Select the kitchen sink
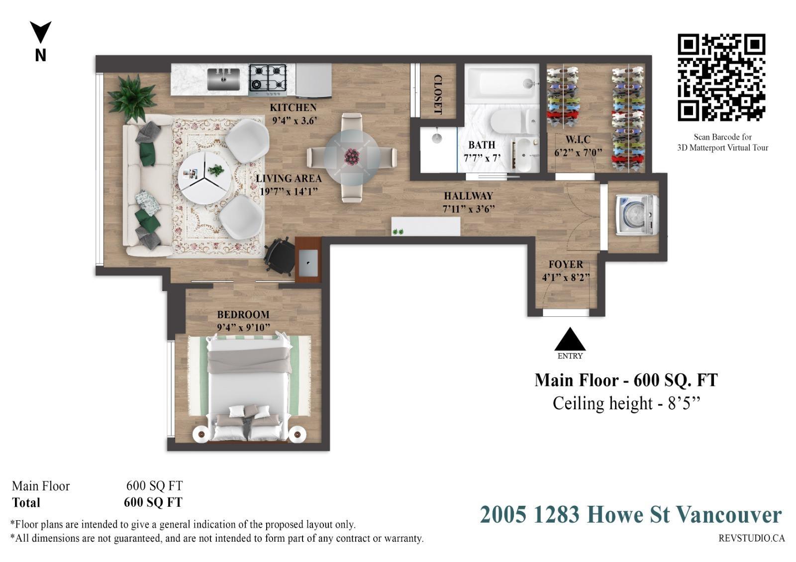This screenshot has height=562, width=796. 223,79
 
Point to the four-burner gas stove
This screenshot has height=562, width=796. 268,80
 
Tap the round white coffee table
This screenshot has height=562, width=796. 204,178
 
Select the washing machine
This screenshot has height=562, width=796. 637,215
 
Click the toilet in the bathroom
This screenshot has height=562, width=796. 513,121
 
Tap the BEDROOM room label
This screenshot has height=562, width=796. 243,315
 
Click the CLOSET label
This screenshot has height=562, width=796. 438,94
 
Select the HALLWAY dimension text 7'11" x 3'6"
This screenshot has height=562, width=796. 469,209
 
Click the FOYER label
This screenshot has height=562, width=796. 566,264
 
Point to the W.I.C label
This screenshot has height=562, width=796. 578,139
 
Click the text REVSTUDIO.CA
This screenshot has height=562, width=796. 752,538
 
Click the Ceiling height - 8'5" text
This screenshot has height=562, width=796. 626,403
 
